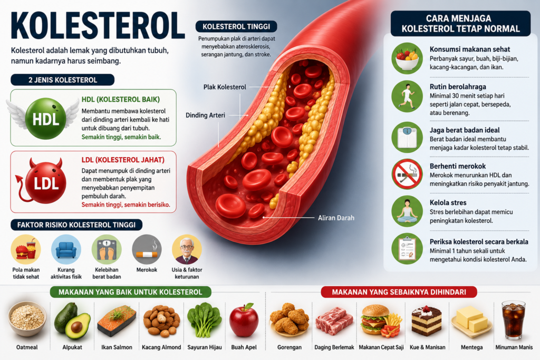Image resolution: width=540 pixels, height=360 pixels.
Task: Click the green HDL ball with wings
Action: (45, 119)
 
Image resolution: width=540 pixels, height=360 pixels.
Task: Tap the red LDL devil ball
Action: (43, 181)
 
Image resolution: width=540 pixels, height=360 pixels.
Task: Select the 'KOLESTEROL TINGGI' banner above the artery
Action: (236, 26)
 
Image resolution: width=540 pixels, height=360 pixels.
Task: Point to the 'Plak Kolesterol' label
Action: (225, 87)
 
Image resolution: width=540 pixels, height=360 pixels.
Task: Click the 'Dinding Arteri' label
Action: (205, 115)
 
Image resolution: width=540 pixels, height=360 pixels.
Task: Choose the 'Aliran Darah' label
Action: (336, 218)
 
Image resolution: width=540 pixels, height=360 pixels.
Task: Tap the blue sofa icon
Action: (66, 249)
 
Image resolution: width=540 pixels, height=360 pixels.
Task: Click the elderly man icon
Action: (187, 249)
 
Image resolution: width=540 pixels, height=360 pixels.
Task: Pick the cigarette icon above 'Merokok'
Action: (147, 249)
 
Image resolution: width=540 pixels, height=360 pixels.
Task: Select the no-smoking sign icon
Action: (407, 174)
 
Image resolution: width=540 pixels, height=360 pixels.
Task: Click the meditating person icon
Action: (407, 211)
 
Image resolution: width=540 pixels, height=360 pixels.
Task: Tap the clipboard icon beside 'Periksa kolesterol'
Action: (407, 249)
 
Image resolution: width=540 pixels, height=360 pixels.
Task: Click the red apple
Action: (244, 320)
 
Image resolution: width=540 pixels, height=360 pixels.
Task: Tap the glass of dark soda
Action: (513, 320)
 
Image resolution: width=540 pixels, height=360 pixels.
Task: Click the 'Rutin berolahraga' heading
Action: (458, 87)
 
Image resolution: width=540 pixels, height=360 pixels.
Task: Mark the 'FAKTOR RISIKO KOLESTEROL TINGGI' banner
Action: (76, 225)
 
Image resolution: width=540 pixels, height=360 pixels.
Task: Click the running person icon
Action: (407, 96)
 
